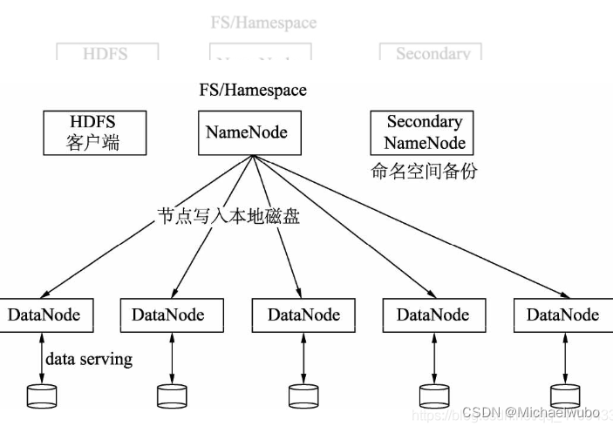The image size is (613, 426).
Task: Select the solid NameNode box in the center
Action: pyautogui.click(x=247, y=132)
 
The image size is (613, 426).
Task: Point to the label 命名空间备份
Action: pyautogui.click(x=425, y=172)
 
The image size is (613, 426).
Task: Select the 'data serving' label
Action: pyautogui.click(x=89, y=358)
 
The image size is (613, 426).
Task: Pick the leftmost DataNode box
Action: pyautogui.click(x=44, y=314)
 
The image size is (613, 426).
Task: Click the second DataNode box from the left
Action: pyautogui.click(x=168, y=314)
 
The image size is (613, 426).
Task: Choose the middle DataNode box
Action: pyautogui.click(x=303, y=314)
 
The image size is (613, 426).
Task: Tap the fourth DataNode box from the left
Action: pyautogui.click(x=433, y=314)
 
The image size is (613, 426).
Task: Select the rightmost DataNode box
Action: pyautogui.click(x=562, y=314)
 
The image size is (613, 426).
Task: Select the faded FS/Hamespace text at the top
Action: pyautogui.click(x=263, y=23)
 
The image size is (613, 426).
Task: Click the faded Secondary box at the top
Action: pyautogui.click(x=432, y=53)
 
